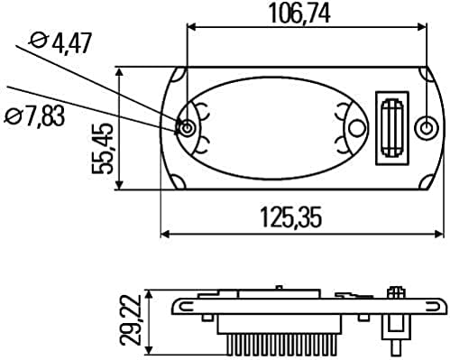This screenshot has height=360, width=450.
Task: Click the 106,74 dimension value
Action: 299,14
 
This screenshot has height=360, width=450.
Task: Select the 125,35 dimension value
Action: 291,217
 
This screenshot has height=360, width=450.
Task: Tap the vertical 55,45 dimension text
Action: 103,149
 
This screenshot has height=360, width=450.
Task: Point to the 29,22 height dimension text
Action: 131,319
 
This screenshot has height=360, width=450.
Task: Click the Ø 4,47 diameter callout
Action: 60,43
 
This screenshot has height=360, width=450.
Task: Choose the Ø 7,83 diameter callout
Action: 35,116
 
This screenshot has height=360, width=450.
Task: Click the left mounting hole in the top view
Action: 187,128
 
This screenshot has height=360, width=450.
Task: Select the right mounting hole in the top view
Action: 426,128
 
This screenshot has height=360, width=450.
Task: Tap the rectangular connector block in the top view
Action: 392,128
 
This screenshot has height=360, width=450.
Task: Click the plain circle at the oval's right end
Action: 357,128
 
